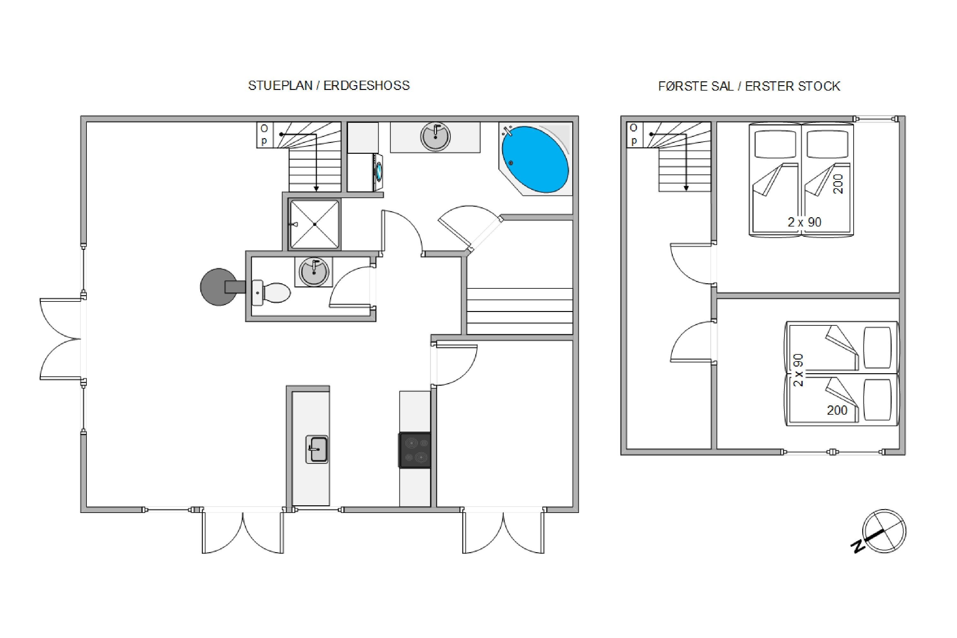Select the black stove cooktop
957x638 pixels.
click(415, 450)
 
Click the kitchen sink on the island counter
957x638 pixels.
click(317, 449)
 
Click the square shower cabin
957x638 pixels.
click(314, 224)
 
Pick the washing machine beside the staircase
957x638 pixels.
click(365, 172)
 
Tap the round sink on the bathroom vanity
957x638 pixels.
click(435, 137)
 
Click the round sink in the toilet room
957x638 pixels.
click(313, 272)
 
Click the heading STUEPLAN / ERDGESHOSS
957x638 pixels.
click(329, 85)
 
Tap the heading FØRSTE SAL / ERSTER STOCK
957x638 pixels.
click(749, 86)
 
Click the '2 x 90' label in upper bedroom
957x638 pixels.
click(805, 222)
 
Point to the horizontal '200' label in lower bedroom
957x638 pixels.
click(837, 410)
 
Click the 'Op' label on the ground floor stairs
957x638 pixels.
click(264, 135)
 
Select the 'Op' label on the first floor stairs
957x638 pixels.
click(634, 134)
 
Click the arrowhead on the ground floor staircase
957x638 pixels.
click(316, 189)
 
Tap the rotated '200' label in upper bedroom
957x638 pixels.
click(838, 184)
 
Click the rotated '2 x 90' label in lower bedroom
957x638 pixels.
click(798, 370)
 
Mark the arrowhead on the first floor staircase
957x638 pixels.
click(686, 189)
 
